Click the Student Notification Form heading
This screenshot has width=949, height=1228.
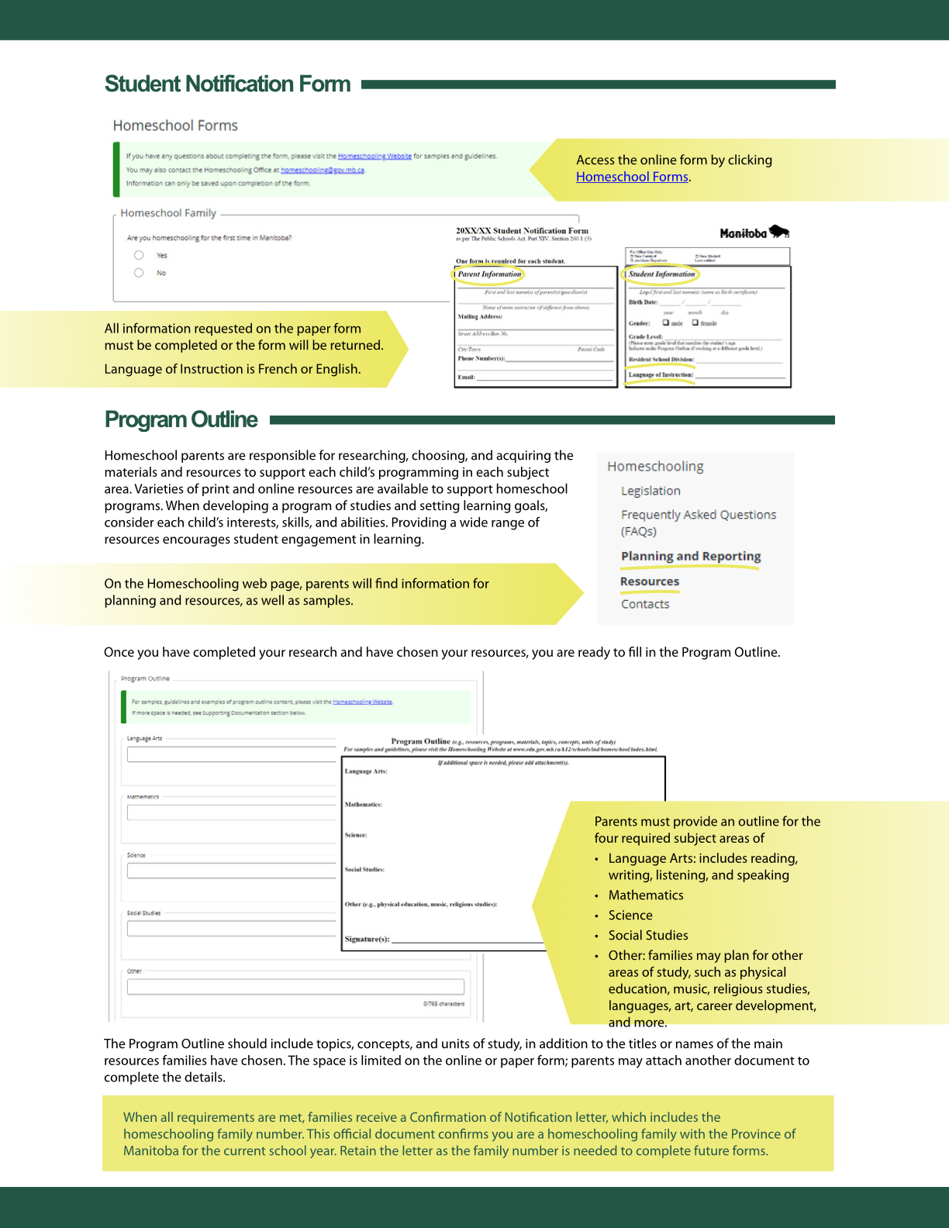(x=227, y=84)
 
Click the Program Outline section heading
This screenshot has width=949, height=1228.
(x=181, y=419)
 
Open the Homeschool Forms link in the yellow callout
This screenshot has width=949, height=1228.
(x=632, y=177)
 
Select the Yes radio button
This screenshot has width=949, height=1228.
(x=139, y=255)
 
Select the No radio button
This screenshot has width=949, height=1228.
(x=139, y=273)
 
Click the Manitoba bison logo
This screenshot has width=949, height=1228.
(x=754, y=233)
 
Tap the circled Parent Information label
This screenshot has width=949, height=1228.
(x=489, y=274)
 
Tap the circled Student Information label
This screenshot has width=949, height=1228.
(x=661, y=274)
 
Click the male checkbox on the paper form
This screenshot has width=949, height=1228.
(x=666, y=323)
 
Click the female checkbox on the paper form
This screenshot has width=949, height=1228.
(x=695, y=323)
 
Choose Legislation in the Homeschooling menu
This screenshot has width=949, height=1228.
(x=650, y=491)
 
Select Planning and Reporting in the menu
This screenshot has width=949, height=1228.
(x=690, y=556)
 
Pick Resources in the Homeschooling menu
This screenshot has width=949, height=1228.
(x=650, y=581)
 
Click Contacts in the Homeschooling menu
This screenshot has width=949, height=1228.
(x=645, y=604)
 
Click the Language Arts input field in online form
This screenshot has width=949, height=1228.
(x=231, y=754)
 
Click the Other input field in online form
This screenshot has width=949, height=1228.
(x=295, y=987)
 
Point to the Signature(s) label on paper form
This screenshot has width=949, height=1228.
(x=367, y=939)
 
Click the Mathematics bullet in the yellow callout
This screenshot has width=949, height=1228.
(x=646, y=895)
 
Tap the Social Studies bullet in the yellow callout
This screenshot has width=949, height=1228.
(x=648, y=936)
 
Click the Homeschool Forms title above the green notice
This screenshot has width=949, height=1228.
(x=175, y=126)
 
